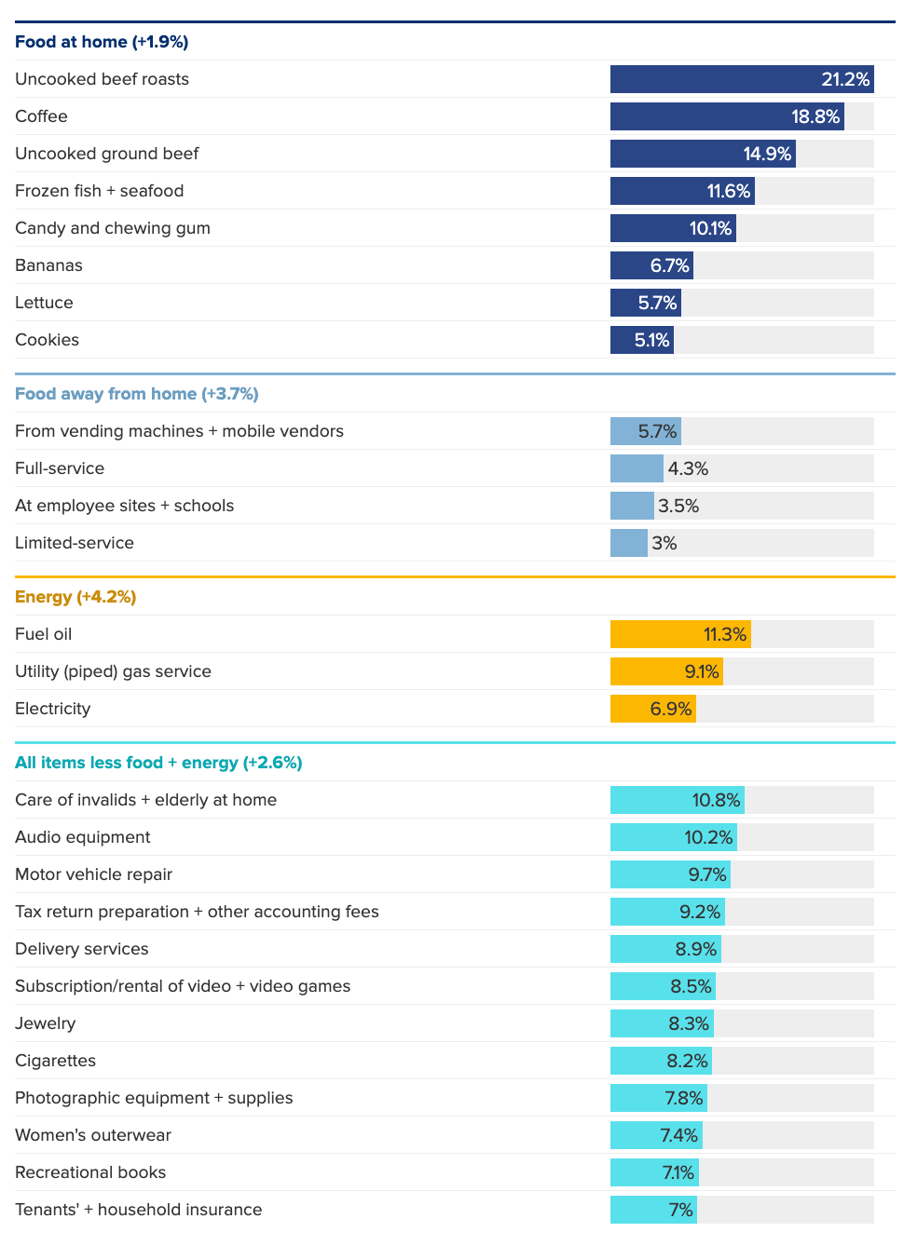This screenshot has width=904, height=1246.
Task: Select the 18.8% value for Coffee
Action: [x=815, y=116]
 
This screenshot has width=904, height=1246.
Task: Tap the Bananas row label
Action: [x=48, y=265]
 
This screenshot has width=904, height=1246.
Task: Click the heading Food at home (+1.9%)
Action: [x=102, y=42]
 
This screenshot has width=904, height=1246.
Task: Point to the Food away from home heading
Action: [x=136, y=394]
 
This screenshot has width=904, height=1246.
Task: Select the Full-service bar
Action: [x=637, y=468]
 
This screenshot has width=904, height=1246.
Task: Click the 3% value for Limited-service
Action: [x=664, y=543]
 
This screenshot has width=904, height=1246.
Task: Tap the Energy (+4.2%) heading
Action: [x=75, y=597]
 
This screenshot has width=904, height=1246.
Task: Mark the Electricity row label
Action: [x=52, y=709]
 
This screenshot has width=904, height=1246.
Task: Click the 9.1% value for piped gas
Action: [x=702, y=671]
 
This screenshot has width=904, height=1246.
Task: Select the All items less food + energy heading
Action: [x=158, y=763]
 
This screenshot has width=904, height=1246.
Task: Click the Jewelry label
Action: [x=45, y=1023]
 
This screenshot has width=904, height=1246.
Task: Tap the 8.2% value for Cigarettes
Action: [x=688, y=1061]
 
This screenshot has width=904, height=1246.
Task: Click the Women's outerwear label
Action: [x=93, y=1135]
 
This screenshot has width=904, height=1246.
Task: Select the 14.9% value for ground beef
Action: [x=767, y=154]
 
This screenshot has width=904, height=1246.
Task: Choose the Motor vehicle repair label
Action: [x=93, y=874]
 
